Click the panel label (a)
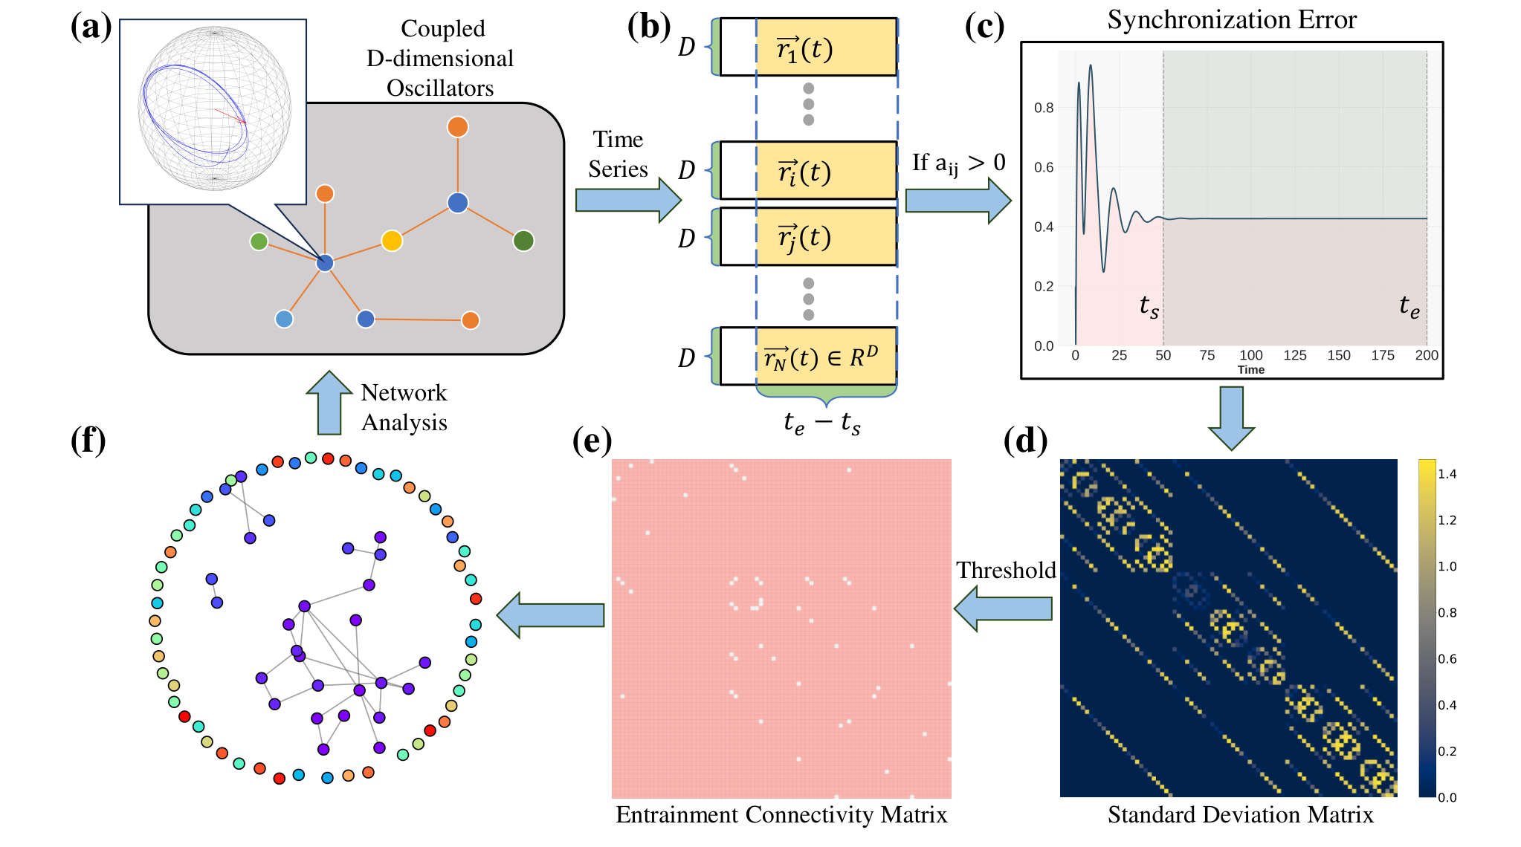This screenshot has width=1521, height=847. [91, 27]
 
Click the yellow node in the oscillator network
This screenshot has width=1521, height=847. [392, 241]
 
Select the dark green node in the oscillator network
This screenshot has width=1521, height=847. [523, 241]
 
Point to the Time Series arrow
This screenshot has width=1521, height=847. [628, 200]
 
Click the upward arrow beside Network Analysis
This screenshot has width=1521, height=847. [329, 403]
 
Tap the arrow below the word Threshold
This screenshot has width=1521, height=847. [1003, 609]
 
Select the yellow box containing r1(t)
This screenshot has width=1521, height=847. [826, 47]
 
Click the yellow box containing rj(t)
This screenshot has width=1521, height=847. [826, 236]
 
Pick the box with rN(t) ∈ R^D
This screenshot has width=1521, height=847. [826, 356]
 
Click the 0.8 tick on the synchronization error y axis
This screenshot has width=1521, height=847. [1044, 108]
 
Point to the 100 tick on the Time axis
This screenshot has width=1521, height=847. [1251, 355]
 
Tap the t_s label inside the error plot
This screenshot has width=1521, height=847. [1149, 306]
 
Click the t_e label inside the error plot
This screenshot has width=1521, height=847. [1409, 305]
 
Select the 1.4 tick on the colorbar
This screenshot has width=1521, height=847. [1447, 474]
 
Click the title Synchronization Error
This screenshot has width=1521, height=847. [1232, 19]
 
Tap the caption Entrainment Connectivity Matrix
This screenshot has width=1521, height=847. [781, 814]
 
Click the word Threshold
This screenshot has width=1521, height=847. [1006, 570]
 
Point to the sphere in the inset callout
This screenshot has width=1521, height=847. [215, 108]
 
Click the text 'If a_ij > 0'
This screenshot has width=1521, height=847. [959, 163]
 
